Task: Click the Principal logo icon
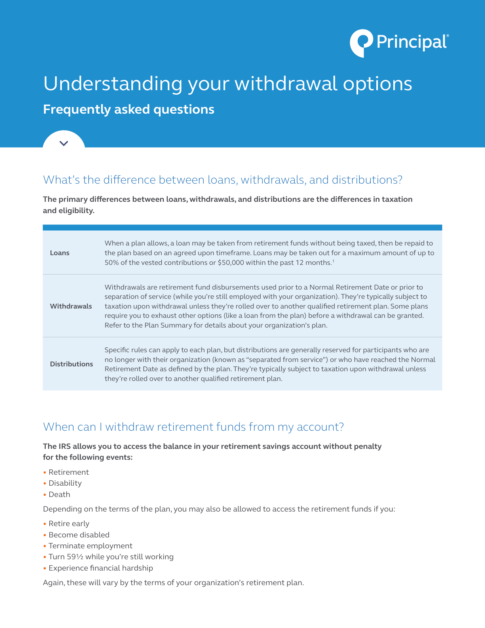click(361, 42)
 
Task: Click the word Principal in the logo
click(411, 42)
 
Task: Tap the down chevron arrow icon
click(64, 143)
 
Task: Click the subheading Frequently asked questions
click(129, 110)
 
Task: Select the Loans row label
click(60, 253)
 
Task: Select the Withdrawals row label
click(71, 307)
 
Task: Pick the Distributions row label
click(72, 364)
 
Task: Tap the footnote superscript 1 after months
click(333, 261)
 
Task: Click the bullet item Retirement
click(69, 472)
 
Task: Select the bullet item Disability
click(65, 483)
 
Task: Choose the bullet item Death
click(59, 495)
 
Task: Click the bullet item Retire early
click(69, 524)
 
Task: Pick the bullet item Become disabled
click(79, 535)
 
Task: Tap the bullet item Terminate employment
click(91, 546)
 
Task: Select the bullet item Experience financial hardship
click(101, 568)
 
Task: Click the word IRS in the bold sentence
click(65, 446)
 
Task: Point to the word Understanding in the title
click(113, 84)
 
